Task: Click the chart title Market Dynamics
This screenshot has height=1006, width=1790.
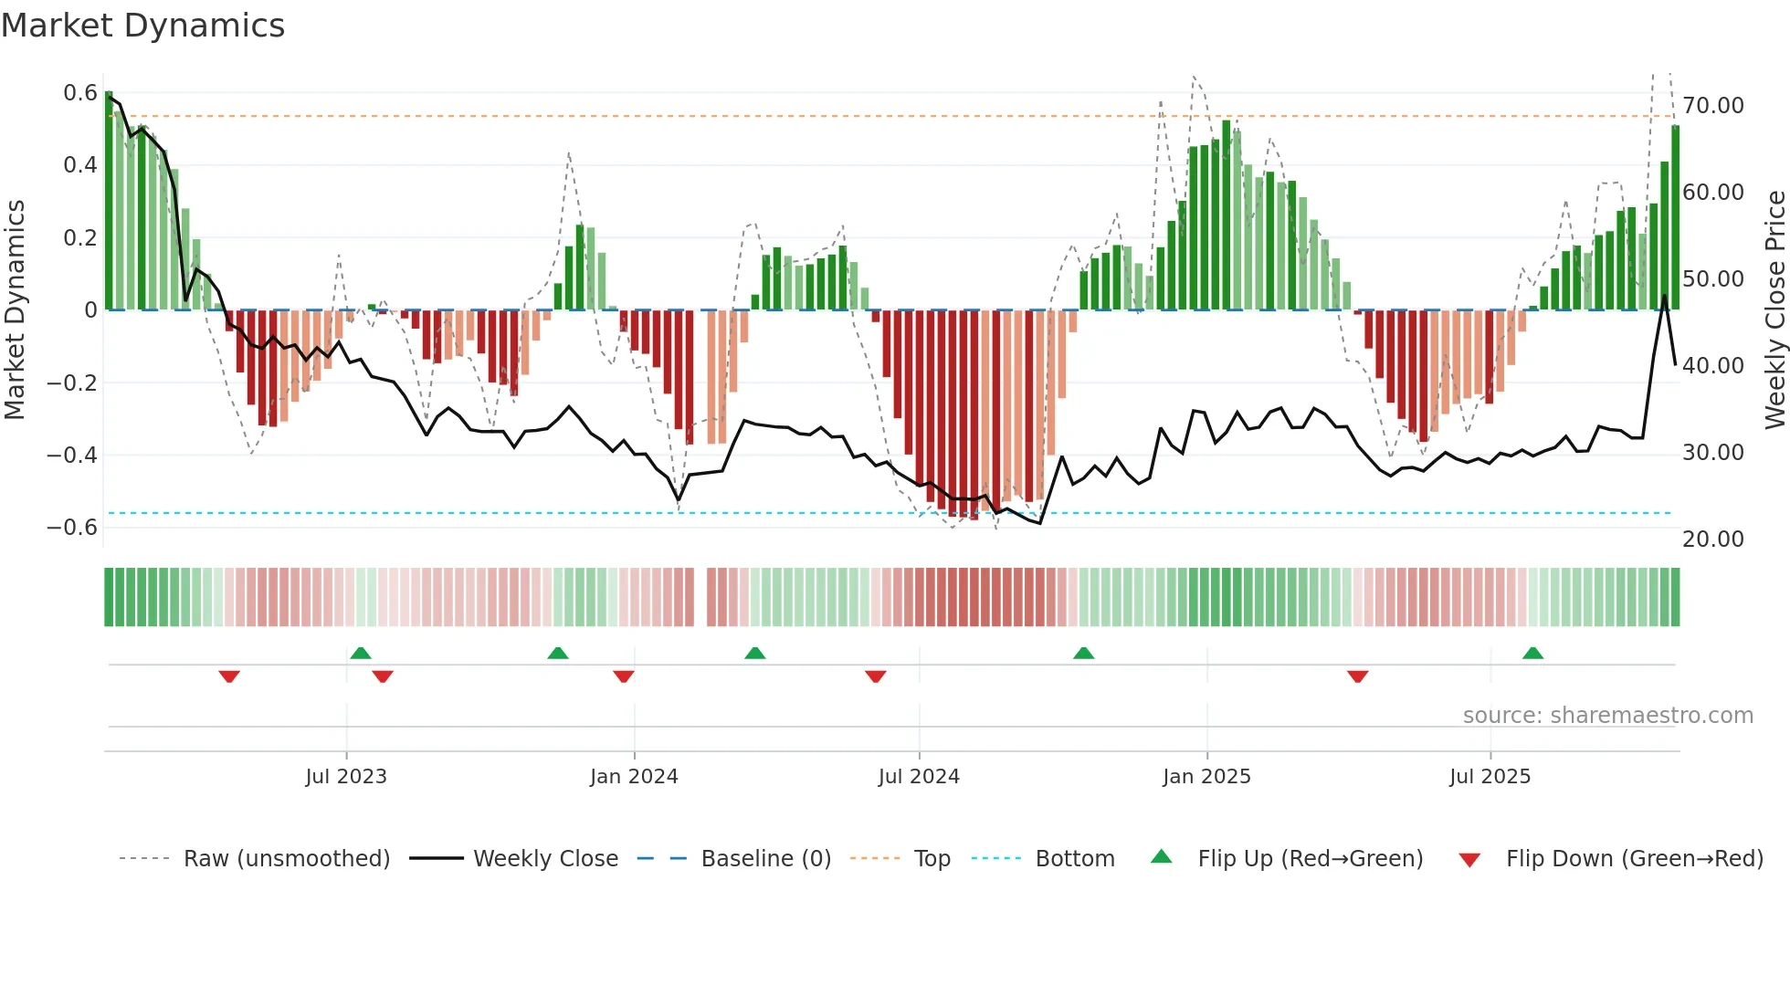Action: pyautogui.click(x=142, y=26)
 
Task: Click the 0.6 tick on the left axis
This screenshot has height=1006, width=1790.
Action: pyautogui.click(x=80, y=93)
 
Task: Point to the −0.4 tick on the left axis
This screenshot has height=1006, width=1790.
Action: pyautogui.click(x=72, y=455)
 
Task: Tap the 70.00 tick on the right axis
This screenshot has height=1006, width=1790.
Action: pyautogui.click(x=1713, y=106)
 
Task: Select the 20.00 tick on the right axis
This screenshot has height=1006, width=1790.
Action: pyautogui.click(x=1713, y=540)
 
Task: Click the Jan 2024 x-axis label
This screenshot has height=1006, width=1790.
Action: pyautogui.click(x=634, y=777)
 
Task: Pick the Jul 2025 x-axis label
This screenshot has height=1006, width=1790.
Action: pyautogui.click(x=1490, y=777)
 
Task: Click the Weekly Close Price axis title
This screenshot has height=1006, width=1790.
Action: pyautogui.click(x=1774, y=310)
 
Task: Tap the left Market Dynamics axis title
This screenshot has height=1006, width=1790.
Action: pyautogui.click(x=16, y=310)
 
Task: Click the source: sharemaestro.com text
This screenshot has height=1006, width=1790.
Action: pyautogui.click(x=1607, y=716)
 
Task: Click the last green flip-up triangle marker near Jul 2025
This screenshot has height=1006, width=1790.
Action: pyautogui.click(x=1532, y=654)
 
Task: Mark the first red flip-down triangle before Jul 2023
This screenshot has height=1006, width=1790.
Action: pyautogui.click(x=229, y=676)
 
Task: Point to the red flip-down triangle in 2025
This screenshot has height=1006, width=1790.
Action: pyautogui.click(x=1357, y=676)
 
